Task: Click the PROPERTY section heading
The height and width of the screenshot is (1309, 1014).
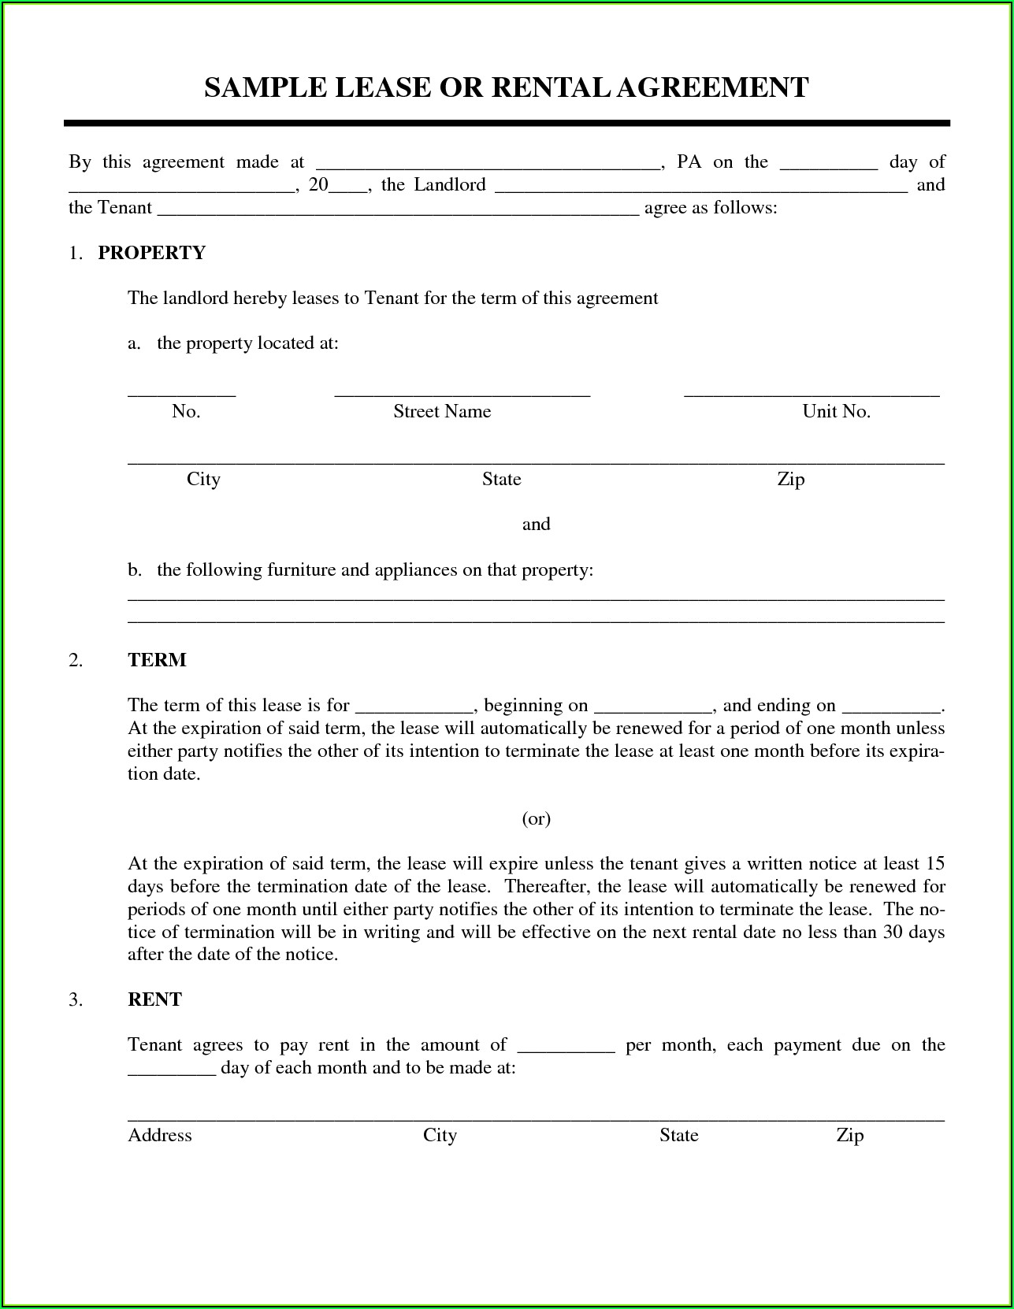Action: [x=151, y=253]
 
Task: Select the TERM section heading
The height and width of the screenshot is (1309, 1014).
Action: [x=157, y=660]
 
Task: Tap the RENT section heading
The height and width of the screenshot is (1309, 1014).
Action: [x=154, y=999]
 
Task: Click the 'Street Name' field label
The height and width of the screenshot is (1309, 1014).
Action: [x=442, y=411]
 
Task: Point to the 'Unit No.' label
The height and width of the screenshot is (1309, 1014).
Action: [x=836, y=411]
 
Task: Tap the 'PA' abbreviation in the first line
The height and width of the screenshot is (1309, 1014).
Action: [x=689, y=162]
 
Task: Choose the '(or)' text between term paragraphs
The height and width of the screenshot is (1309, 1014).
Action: [x=536, y=819]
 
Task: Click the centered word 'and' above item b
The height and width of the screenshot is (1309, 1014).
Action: [x=536, y=525]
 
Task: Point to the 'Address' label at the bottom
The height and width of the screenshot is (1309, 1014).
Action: [x=160, y=1135]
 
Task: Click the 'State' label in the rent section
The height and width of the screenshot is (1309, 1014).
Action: [x=678, y=1135]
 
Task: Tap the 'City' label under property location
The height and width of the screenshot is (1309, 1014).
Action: [x=203, y=479]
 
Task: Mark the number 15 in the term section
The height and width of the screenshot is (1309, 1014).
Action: [x=935, y=864]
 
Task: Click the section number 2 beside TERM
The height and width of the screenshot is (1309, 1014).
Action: [x=75, y=660]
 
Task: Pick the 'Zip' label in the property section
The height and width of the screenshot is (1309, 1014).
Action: [x=790, y=479]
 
